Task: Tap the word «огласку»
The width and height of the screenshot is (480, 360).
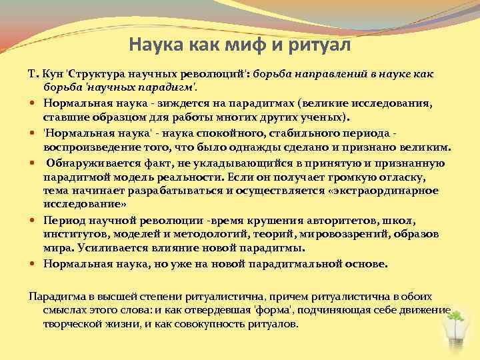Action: (390, 177)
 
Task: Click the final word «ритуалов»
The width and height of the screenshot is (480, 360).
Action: (272, 323)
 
